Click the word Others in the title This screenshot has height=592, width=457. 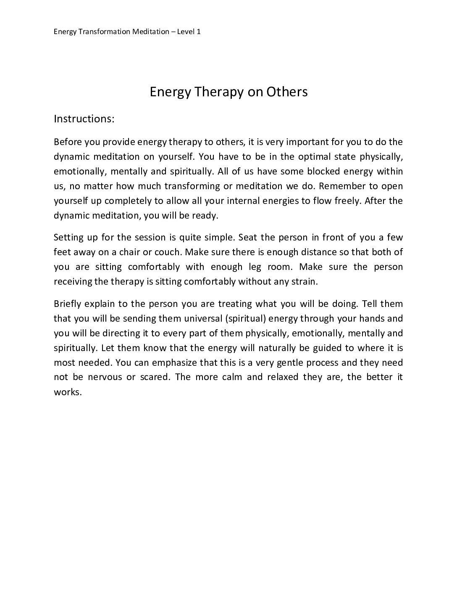287,92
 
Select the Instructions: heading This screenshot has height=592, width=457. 84,119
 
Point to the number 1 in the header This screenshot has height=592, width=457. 198,32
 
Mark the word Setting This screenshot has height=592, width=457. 68,238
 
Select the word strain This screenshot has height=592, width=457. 304,282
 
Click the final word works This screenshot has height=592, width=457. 67,392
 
